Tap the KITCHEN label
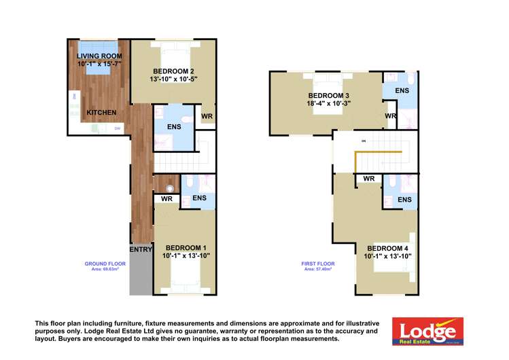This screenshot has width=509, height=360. tap(101, 112)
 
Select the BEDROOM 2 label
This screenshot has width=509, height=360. tap(174, 71)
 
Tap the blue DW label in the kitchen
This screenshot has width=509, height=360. tap(117, 128)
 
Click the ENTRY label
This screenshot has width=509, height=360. tap(140, 249)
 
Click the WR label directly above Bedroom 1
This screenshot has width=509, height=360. tap(166, 199)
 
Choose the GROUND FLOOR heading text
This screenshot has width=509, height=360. tap(105, 263)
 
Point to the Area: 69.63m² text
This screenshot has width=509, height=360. tap(105, 269)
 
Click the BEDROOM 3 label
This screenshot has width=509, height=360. tap(329, 95)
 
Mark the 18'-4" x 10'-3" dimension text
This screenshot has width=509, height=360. tap(329, 103)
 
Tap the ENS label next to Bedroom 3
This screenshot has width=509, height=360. tap(402, 90)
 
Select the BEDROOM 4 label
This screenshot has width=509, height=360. tap(388, 248)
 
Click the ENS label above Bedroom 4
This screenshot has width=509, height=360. tap(404, 200)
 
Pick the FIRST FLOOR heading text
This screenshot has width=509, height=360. tap(318, 263)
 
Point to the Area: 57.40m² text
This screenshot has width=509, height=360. tap(318, 269)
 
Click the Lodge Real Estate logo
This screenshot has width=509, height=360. tap(427, 331)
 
